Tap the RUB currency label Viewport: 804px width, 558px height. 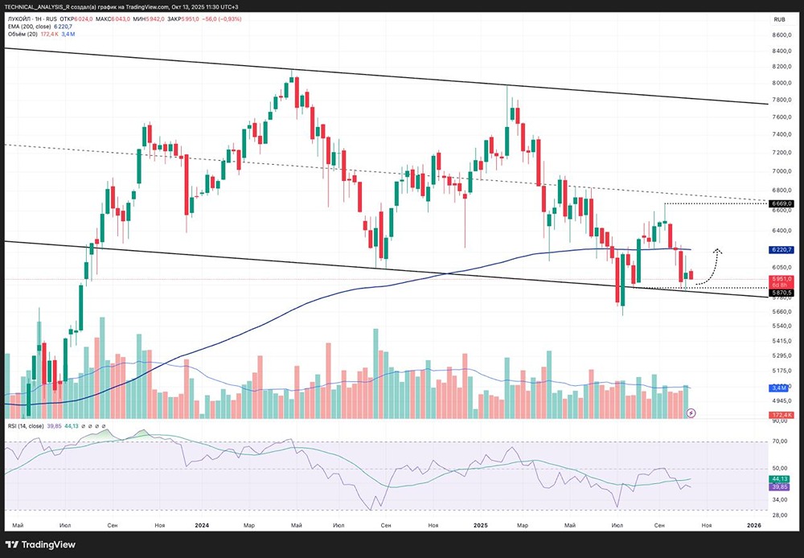(x=779, y=19)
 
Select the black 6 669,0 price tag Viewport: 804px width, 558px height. (x=781, y=203)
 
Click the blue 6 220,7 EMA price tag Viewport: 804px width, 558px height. (x=781, y=250)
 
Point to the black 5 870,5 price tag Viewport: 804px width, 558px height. (x=781, y=293)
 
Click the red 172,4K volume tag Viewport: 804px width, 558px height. (x=781, y=415)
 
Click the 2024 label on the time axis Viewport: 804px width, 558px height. (x=202, y=525)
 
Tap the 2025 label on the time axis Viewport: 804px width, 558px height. (x=480, y=525)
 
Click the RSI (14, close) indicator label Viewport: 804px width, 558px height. (x=27, y=426)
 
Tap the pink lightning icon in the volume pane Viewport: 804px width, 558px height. (x=691, y=412)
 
